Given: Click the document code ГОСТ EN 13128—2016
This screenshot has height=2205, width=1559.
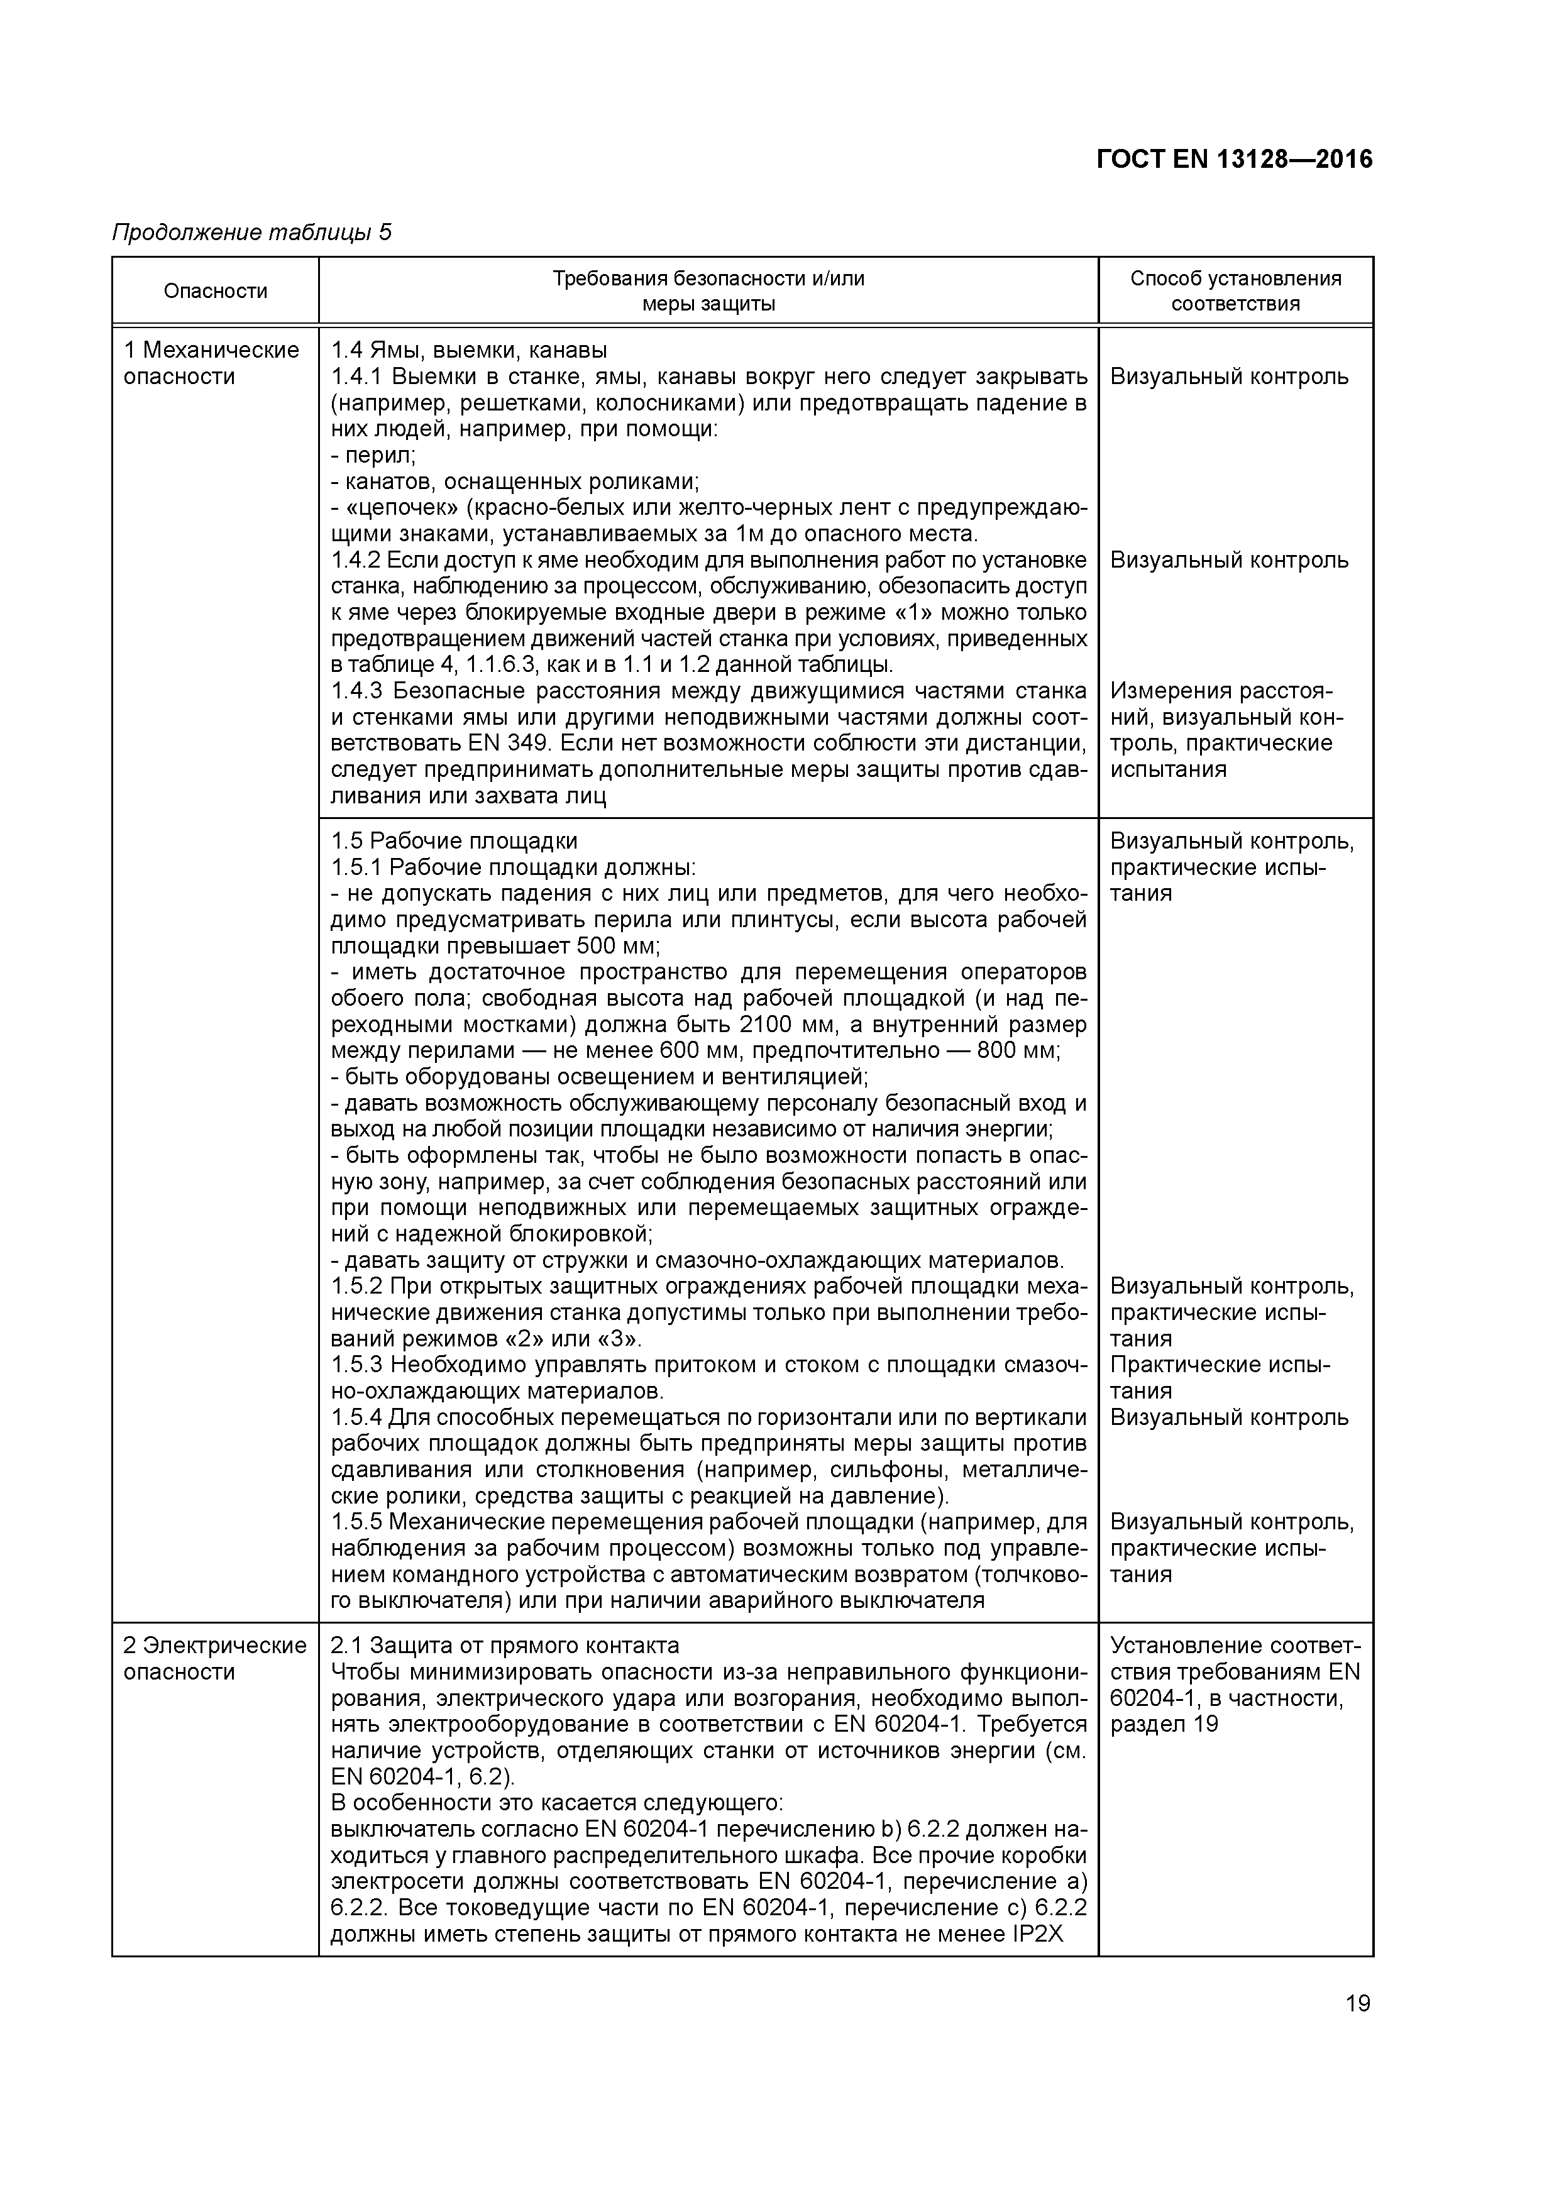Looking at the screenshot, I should [x=1235, y=160].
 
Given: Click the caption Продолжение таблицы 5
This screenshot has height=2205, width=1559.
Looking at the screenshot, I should [x=251, y=233].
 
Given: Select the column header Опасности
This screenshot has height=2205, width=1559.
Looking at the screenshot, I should [x=215, y=291].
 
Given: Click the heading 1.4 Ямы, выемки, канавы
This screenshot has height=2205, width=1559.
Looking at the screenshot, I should [x=469, y=349].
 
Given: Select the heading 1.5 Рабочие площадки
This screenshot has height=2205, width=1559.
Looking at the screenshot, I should [x=454, y=841].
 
